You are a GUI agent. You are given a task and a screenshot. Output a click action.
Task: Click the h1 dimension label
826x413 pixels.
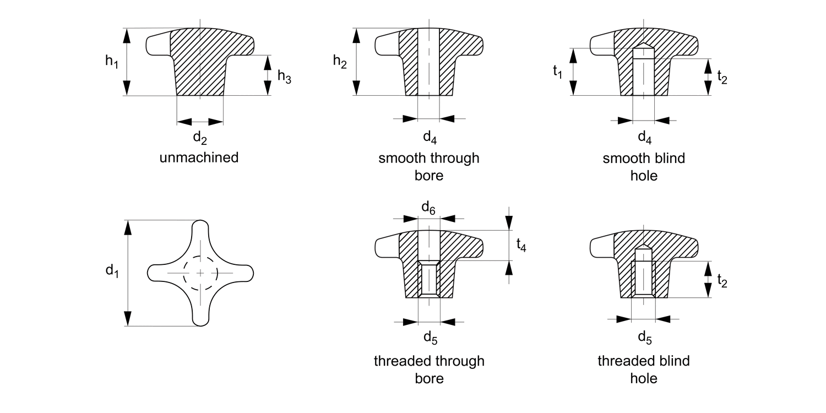[x=112, y=61]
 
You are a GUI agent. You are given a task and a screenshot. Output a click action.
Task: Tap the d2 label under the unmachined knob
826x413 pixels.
[x=199, y=138]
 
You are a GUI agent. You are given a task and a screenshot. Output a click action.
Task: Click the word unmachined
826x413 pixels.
[x=199, y=158]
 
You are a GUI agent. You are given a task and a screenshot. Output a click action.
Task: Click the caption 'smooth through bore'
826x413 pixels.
[x=429, y=167]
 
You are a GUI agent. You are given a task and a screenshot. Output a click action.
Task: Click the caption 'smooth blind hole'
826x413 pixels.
[x=644, y=167]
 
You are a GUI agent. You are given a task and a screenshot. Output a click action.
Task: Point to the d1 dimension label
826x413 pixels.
[x=112, y=270]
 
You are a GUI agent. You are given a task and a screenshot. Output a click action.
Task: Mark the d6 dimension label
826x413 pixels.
[x=428, y=207]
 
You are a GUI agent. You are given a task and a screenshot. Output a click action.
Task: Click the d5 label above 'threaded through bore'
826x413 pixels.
[x=430, y=338]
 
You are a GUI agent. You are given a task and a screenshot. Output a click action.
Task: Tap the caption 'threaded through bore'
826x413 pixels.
[x=429, y=369]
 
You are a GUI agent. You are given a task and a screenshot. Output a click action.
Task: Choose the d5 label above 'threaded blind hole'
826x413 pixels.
[x=644, y=338]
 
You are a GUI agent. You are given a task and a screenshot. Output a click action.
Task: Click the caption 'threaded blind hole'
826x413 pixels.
[x=644, y=369]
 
